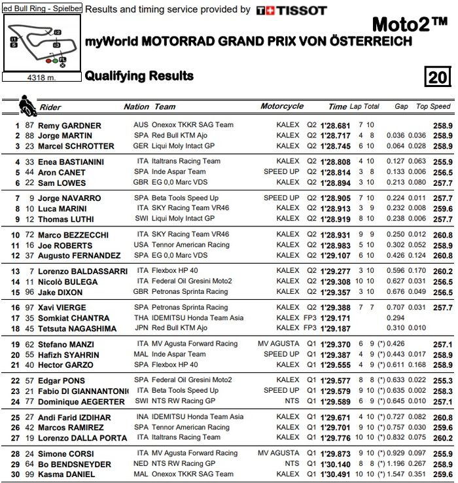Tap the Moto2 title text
click(x=409, y=26)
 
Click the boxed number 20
click(x=438, y=77)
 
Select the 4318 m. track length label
click(x=41, y=77)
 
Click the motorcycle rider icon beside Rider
click(x=27, y=105)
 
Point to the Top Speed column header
click(x=433, y=106)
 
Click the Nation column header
click(x=137, y=107)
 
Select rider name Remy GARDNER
click(x=69, y=126)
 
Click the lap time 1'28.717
click(x=336, y=135)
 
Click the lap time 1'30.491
click(x=336, y=474)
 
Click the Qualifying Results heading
click(x=139, y=76)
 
